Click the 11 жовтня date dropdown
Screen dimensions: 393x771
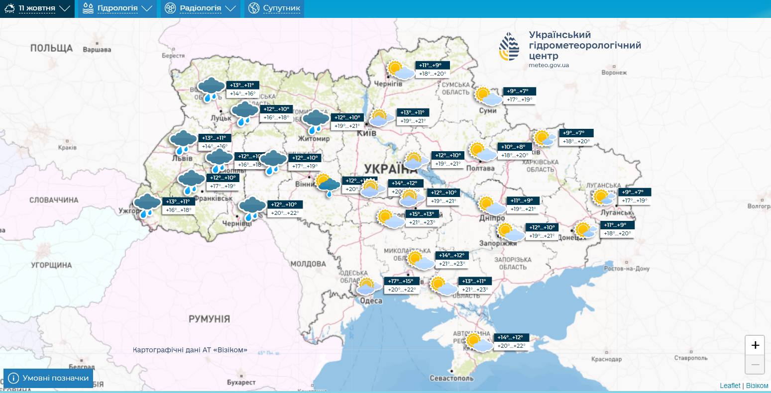37,8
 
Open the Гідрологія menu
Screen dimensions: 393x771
117,8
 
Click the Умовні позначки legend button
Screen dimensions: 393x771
48,378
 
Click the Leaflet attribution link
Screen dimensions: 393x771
730,386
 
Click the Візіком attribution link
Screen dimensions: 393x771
757,386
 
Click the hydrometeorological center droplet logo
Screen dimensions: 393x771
509,46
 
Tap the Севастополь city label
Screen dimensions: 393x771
452,378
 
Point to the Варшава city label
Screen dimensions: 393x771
97,50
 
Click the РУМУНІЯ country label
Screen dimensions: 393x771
209,319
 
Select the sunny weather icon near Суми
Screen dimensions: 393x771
488,96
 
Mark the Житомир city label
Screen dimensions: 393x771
314,139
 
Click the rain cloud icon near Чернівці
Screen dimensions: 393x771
252,208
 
